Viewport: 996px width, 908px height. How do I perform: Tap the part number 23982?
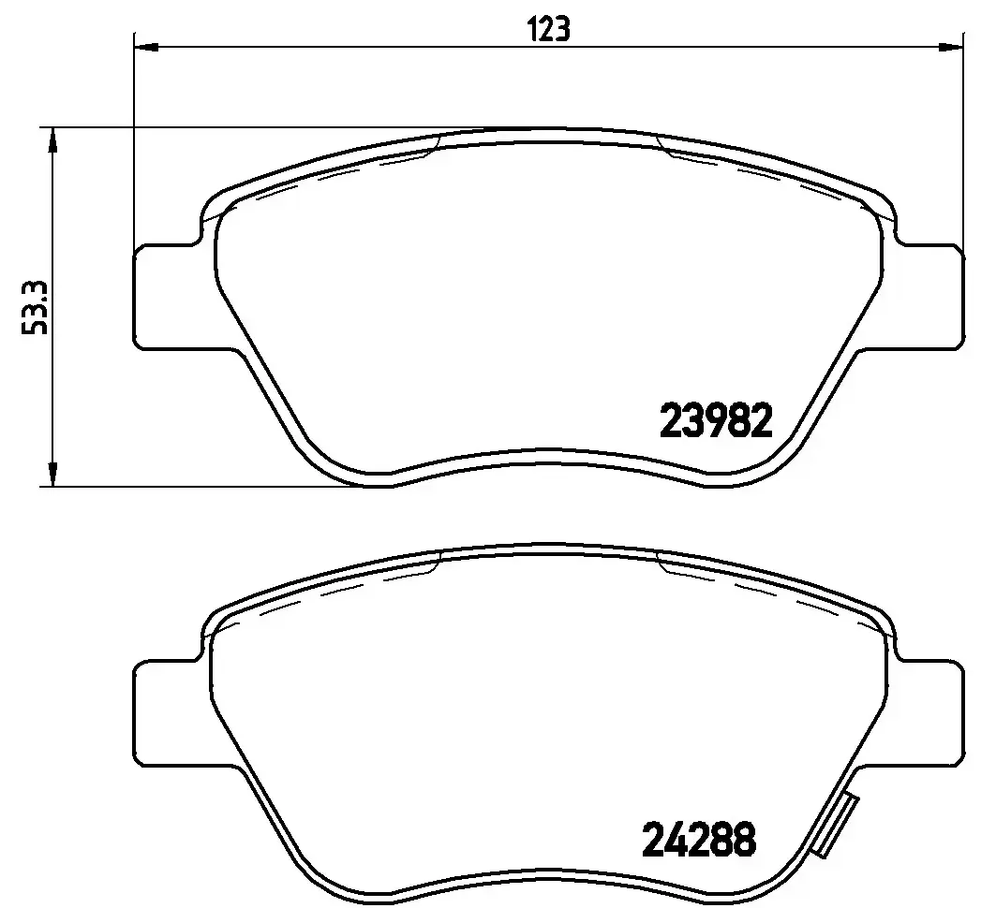(x=717, y=421)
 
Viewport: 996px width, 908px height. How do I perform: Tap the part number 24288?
(x=698, y=840)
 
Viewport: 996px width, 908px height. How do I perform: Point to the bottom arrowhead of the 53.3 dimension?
(x=53, y=475)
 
